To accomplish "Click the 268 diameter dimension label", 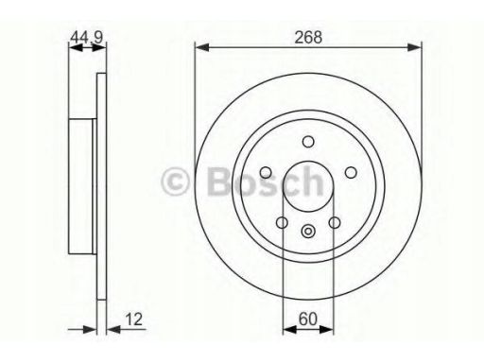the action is (x=308, y=37).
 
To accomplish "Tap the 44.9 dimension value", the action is (x=87, y=37).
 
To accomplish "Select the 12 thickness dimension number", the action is (x=134, y=319).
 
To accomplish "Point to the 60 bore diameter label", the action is (x=307, y=319).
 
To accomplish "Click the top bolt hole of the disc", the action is (x=308, y=142).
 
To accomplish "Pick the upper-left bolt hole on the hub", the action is (x=266, y=172).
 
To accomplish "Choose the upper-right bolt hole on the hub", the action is (x=351, y=172).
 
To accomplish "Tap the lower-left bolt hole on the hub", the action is (x=282, y=222).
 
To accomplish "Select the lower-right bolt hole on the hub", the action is (x=335, y=222).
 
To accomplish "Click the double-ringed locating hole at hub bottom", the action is (x=308, y=232).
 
